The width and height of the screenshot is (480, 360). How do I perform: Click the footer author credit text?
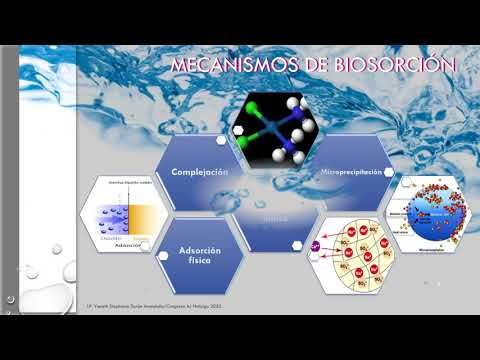click(161, 300)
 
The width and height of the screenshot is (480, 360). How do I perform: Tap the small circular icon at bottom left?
click(10, 298)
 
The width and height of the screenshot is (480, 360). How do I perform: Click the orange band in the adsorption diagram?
click(143, 215)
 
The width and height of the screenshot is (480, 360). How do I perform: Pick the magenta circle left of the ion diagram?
click(313, 243)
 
